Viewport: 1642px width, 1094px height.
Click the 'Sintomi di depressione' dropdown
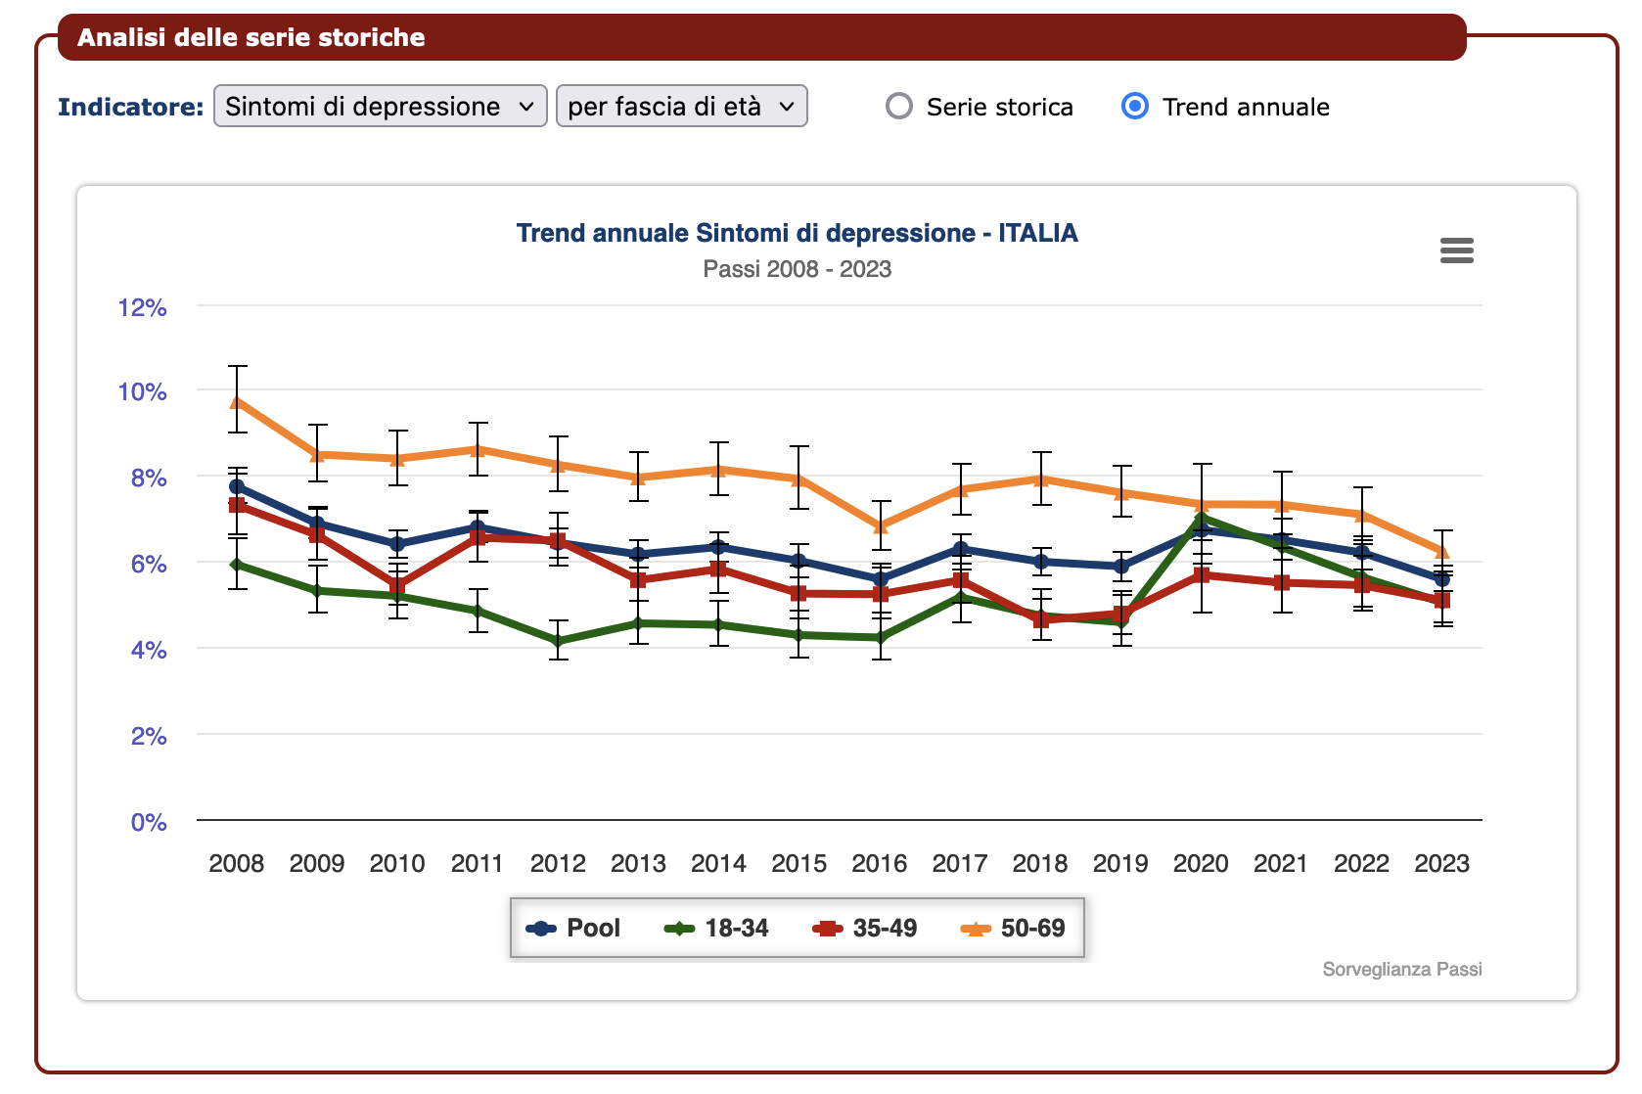pyautogui.click(x=380, y=106)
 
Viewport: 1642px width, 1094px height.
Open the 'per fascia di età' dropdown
pyautogui.click(x=681, y=106)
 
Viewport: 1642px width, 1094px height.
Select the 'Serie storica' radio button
pyautogui.click(x=899, y=106)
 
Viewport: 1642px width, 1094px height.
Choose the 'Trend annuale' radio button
pyautogui.click(x=1135, y=106)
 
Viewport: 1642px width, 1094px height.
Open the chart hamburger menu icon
pyautogui.click(x=1456, y=251)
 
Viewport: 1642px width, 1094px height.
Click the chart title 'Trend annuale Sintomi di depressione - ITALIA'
pyautogui.click(x=797, y=233)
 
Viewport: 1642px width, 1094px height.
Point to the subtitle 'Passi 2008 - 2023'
pyautogui.click(x=797, y=269)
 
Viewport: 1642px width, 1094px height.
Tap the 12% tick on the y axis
pyautogui.click(x=143, y=307)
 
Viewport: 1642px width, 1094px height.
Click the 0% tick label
pyautogui.click(x=149, y=822)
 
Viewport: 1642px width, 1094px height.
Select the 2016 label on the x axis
pyautogui.click(x=879, y=863)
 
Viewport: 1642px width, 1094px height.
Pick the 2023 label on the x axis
pyautogui.click(x=1441, y=863)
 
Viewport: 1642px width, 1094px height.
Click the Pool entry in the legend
pyautogui.click(x=574, y=928)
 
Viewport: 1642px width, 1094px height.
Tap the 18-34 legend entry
pyautogui.click(x=717, y=928)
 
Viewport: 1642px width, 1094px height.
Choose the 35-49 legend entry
pyautogui.click(x=865, y=928)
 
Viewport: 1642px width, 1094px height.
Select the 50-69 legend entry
pyautogui.click(x=1014, y=928)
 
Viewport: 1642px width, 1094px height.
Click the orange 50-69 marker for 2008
pyautogui.click(x=238, y=401)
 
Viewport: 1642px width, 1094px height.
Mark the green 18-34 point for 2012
pyautogui.click(x=559, y=642)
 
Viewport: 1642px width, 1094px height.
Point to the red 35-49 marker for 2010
pyautogui.click(x=397, y=586)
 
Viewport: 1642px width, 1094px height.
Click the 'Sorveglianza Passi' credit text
pyautogui.click(x=1401, y=969)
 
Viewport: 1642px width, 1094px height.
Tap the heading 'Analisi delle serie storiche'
pyautogui.click(x=251, y=37)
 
